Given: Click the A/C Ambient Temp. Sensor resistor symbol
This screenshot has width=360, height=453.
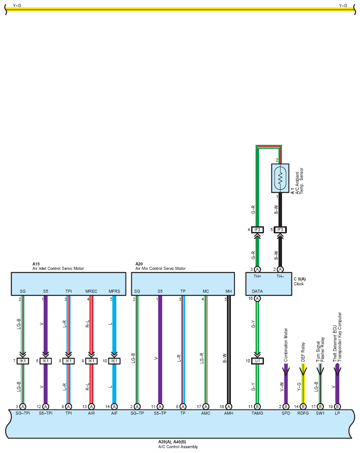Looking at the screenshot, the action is (x=280, y=178).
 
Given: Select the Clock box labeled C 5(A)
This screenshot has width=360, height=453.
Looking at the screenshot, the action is (x=269, y=284).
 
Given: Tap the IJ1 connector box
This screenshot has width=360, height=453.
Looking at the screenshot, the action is (x=257, y=361).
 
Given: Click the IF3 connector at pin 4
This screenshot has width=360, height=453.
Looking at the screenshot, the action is (x=257, y=230).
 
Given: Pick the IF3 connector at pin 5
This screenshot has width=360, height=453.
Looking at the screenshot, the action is (x=280, y=230).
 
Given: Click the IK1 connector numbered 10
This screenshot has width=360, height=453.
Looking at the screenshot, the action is (x=114, y=361).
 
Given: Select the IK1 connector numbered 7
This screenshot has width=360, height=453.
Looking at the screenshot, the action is (x=22, y=361).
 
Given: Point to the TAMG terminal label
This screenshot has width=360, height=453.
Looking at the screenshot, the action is (x=257, y=413).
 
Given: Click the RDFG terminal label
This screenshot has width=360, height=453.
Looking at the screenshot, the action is (x=303, y=413).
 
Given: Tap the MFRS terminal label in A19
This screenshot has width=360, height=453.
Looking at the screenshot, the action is (x=114, y=291).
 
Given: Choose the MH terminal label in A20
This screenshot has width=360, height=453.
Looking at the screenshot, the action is (x=228, y=291).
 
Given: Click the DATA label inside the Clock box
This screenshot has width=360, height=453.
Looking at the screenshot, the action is (x=257, y=291).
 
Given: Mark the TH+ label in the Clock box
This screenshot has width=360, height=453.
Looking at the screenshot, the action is (x=257, y=276).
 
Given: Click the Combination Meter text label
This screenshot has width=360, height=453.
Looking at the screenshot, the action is (x=286, y=345).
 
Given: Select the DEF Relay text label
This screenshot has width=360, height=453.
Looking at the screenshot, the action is (x=303, y=352).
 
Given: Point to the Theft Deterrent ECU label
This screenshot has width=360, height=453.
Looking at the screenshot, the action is (x=335, y=343).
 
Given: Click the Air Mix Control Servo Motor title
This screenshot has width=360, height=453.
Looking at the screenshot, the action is (x=160, y=269).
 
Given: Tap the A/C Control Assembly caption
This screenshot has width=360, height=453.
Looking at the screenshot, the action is (x=178, y=447).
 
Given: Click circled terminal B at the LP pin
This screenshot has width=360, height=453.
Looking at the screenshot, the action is (x=337, y=406).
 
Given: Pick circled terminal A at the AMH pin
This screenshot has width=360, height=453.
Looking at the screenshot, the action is (x=228, y=406).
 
